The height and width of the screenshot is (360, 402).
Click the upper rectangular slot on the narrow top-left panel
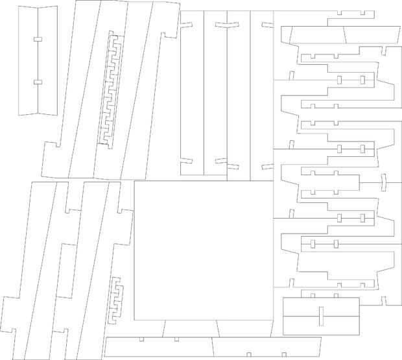tap(38, 40)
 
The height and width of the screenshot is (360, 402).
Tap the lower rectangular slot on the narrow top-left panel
tap(38, 82)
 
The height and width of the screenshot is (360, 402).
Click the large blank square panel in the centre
tap(203, 250)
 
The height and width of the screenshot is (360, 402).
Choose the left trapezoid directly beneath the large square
tap(191, 329)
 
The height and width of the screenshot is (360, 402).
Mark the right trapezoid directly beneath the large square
tap(246, 329)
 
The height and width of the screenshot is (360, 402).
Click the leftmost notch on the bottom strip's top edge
tap(142, 339)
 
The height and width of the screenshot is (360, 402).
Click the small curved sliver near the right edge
tap(383, 183)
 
